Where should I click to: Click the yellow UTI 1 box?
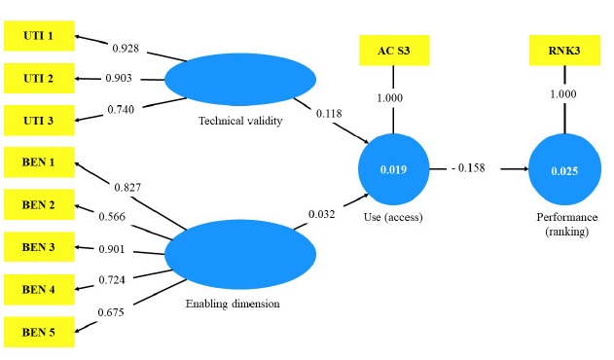click(x=38, y=38)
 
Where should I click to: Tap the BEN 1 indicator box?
click(x=38, y=161)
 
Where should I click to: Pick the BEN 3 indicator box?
click(x=38, y=247)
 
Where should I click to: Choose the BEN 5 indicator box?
click(x=38, y=333)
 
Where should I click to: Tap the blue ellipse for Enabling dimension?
click(x=239, y=255)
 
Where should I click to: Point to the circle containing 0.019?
click(x=393, y=169)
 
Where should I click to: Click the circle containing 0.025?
click(x=565, y=170)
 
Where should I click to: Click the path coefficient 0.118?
click(x=329, y=113)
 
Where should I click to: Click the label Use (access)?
click(x=393, y=217)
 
